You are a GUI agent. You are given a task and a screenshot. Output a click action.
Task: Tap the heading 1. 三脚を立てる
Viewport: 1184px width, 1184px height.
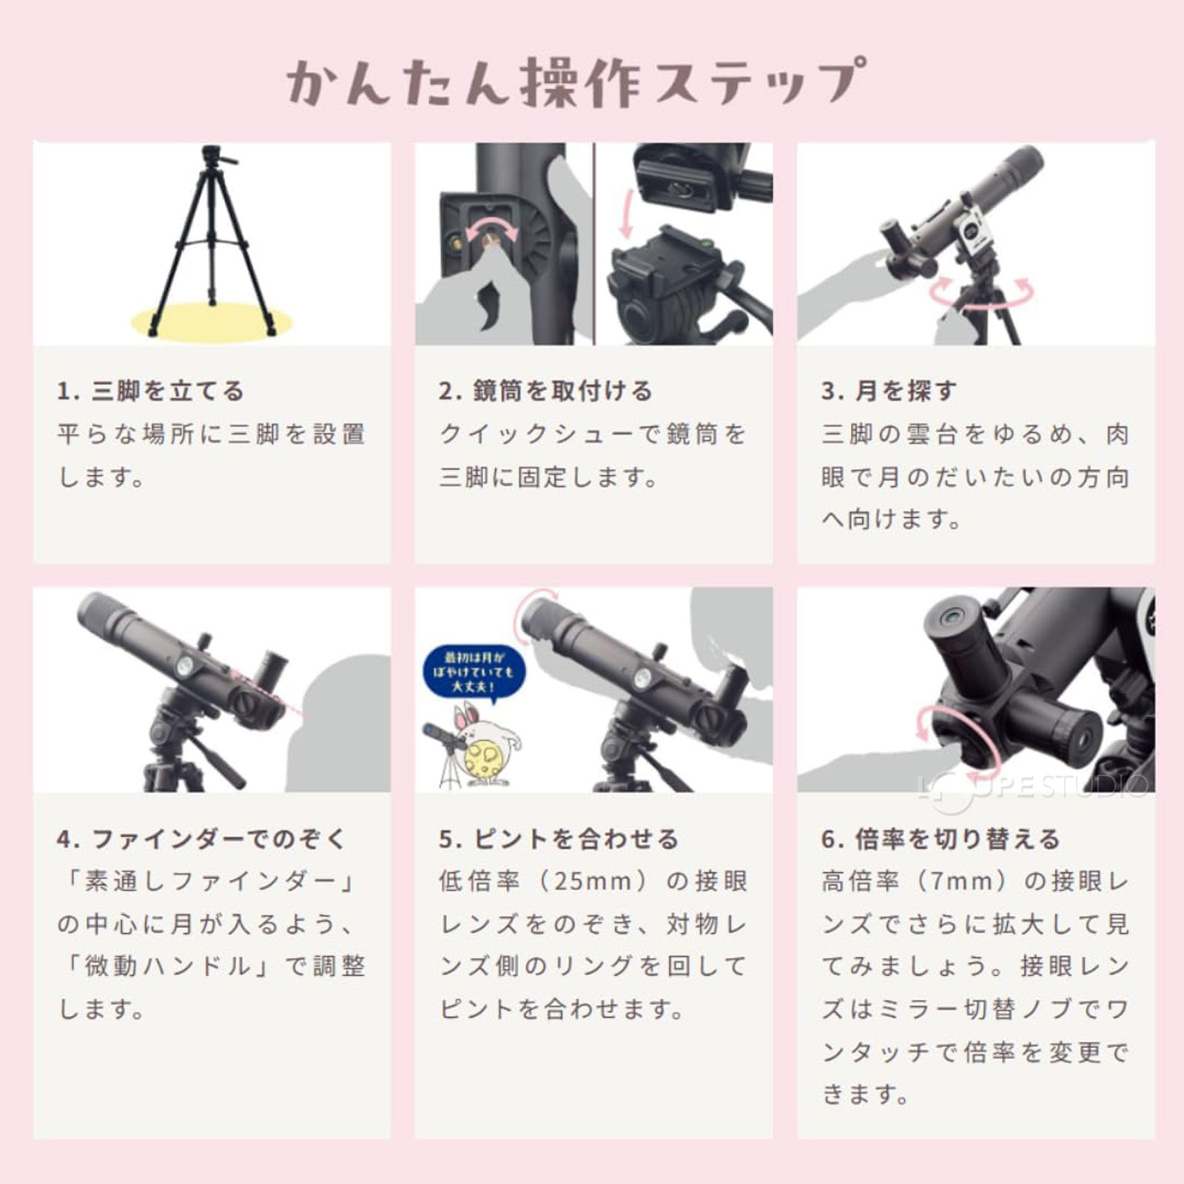pos(150,391)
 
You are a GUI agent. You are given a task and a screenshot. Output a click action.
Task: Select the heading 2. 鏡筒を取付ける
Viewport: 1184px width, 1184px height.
pos(545,391)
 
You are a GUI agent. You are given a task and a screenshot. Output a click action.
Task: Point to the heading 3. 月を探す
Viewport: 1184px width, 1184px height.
pos(889,391)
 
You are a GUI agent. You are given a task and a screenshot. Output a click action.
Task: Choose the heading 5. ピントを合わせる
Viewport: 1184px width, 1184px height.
pos(559,839)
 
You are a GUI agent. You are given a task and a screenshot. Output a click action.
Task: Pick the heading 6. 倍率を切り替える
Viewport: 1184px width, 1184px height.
pos(941,839)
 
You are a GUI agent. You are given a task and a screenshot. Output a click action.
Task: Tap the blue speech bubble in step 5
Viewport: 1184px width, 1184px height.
pos(474,673)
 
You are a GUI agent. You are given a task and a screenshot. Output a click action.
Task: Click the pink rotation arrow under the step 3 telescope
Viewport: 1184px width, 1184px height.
pos(980,294)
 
